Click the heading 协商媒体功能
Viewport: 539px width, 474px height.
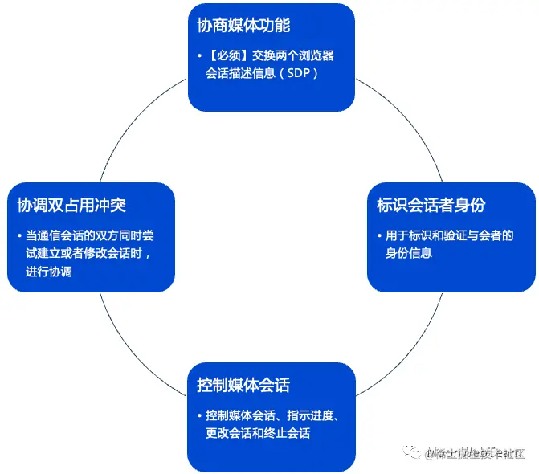point(243,25)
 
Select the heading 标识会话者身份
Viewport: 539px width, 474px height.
point(431,205)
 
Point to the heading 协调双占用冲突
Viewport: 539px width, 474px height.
point(71,205)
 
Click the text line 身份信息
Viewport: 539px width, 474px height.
point(409,253)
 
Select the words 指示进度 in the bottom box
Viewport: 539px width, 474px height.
point(304,416)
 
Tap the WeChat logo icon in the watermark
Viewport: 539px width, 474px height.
point(413,453)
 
